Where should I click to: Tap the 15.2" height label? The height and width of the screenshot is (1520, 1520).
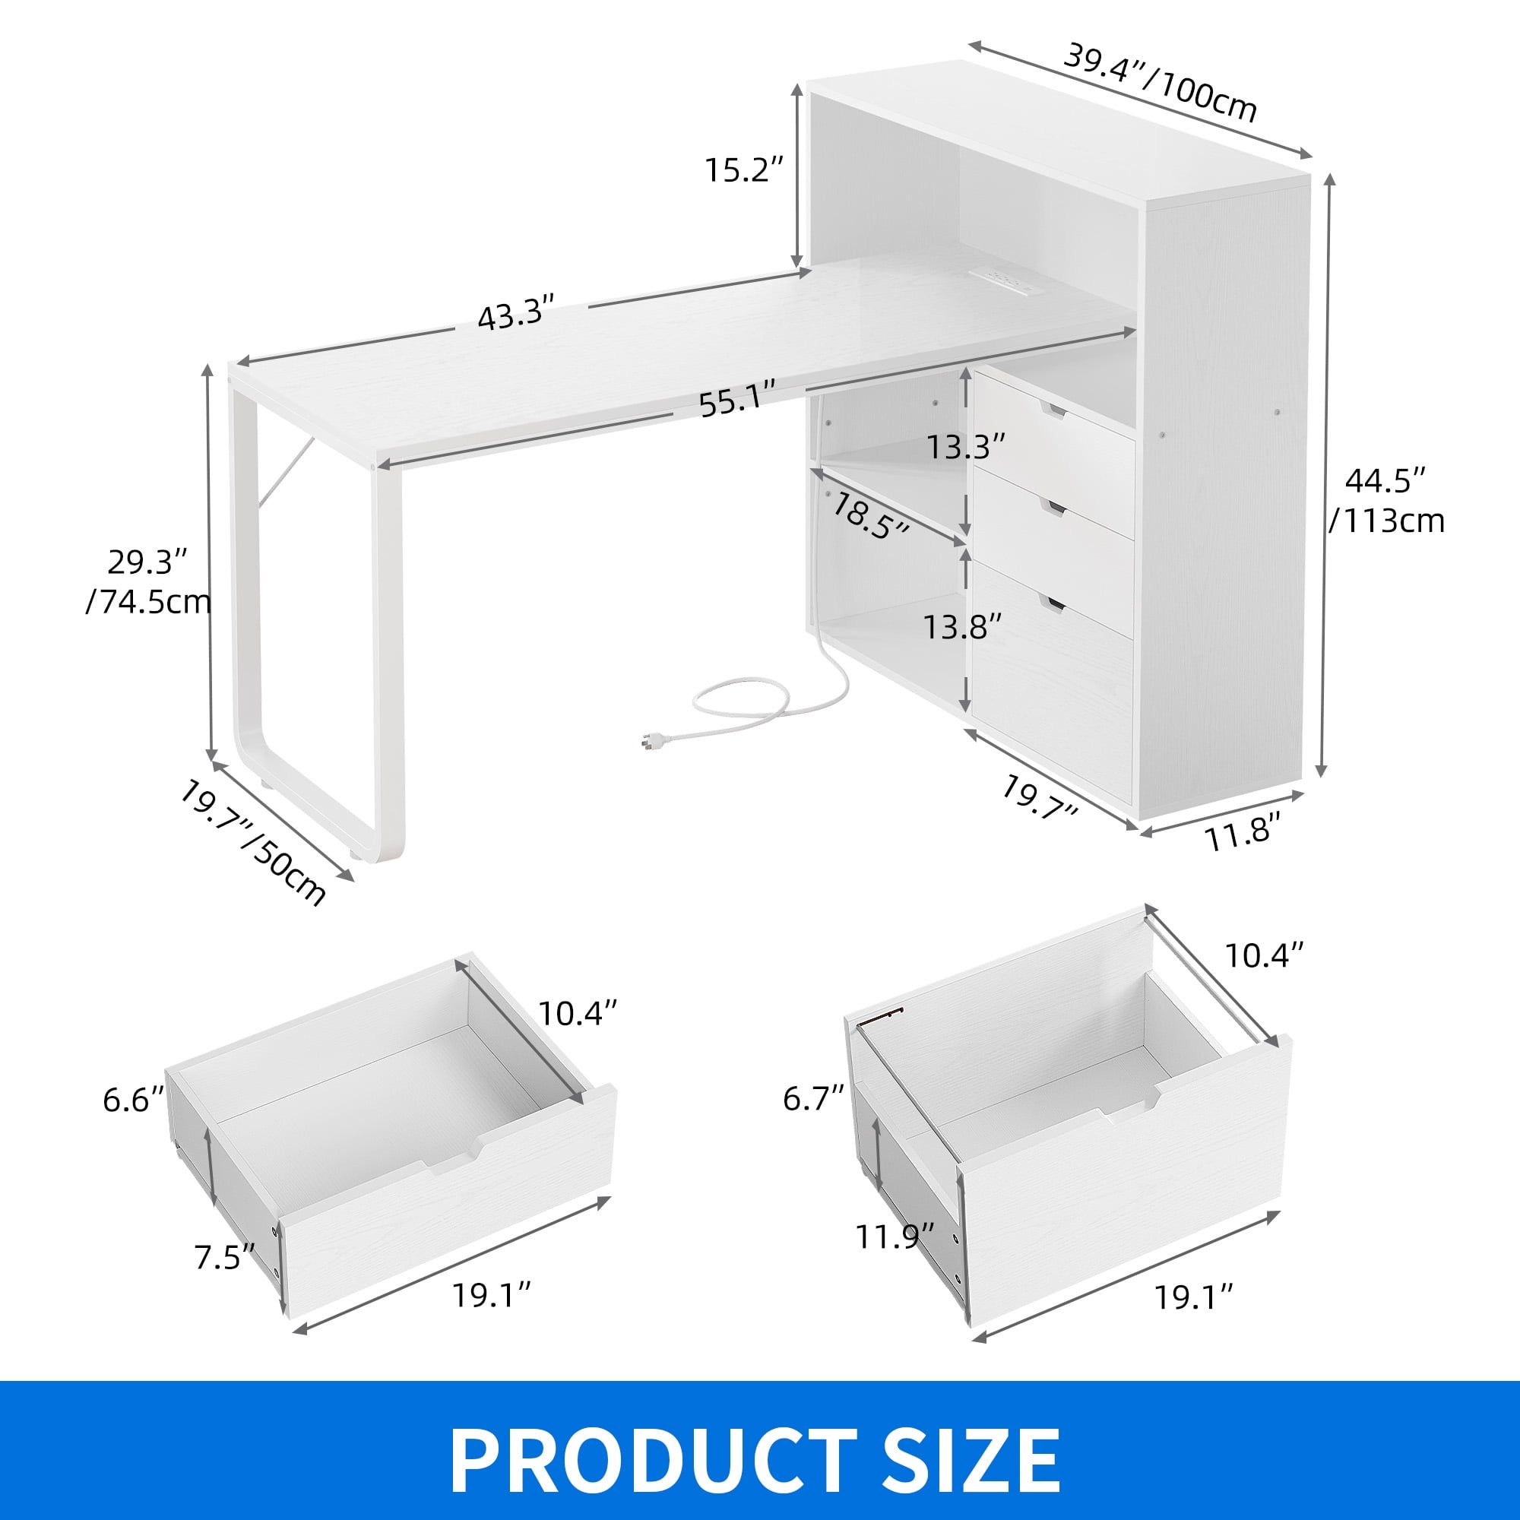[743, 170]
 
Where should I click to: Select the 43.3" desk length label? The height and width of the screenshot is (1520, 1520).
[517, 313]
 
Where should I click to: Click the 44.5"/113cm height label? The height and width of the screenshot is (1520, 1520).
[1386, 500]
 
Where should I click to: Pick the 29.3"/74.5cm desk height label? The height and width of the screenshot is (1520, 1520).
[149, 581]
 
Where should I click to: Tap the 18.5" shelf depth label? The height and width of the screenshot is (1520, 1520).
[869, 515]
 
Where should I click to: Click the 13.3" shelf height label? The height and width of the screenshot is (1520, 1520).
[965, 447]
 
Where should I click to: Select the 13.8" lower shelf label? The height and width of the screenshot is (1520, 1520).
[962, 627]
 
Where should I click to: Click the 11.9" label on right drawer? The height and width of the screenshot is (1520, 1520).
[895, 1237]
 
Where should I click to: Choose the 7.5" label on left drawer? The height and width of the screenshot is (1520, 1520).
[225, 1258]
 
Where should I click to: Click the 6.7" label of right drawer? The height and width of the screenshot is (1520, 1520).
[813, 1097]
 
